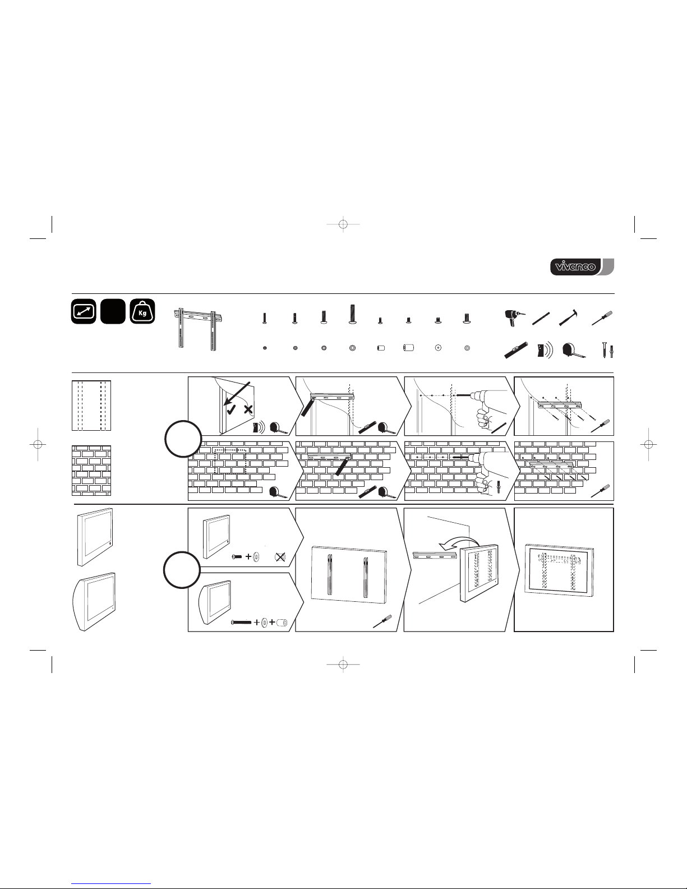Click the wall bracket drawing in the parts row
click(x=196, y=330)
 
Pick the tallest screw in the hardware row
click(x=352, y=314)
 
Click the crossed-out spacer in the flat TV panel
click(x=281, y=557)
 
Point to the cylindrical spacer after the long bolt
click(x=282, y=622)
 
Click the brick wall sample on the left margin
click(x=92, y=471)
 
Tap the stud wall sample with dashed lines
click(x=92, y=406)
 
